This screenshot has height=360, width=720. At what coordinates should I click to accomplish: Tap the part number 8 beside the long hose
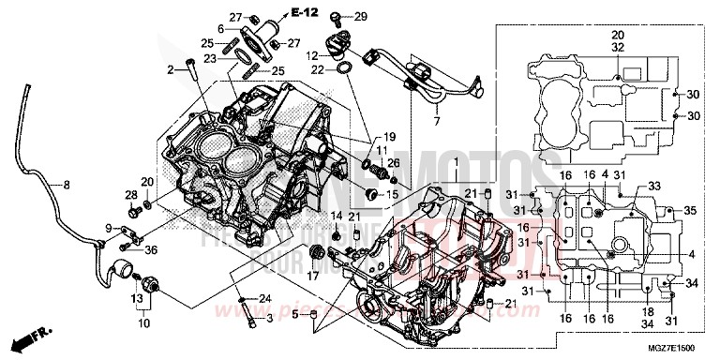[x=67, y=184]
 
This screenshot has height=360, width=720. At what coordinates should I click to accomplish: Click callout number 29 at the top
[x=361, y=16]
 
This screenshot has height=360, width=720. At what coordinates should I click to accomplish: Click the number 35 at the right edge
[x=691, y=212]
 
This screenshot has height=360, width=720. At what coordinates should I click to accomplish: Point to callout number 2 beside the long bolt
[x=172, y=69]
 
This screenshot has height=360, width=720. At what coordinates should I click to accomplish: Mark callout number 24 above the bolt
[x=265, y=299]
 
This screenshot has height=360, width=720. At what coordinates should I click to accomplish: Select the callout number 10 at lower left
[x=144, y=323]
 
